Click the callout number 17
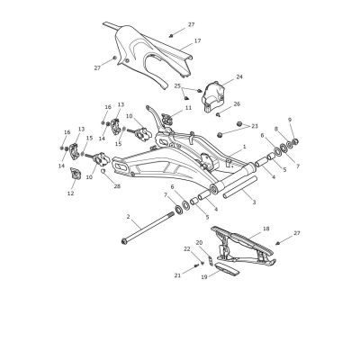197,40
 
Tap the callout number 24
239,76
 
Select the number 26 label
237,104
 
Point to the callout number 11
188,108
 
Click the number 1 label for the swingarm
245,147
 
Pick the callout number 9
290,120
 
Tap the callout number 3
254,202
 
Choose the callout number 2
128,216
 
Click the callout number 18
265,229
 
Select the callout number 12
70,193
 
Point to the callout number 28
117,186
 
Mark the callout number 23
255,126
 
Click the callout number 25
177,85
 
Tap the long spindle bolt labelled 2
148,227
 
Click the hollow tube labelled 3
240,187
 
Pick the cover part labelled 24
213,95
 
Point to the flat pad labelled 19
228,269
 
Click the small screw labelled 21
197,265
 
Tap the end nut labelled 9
295,140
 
